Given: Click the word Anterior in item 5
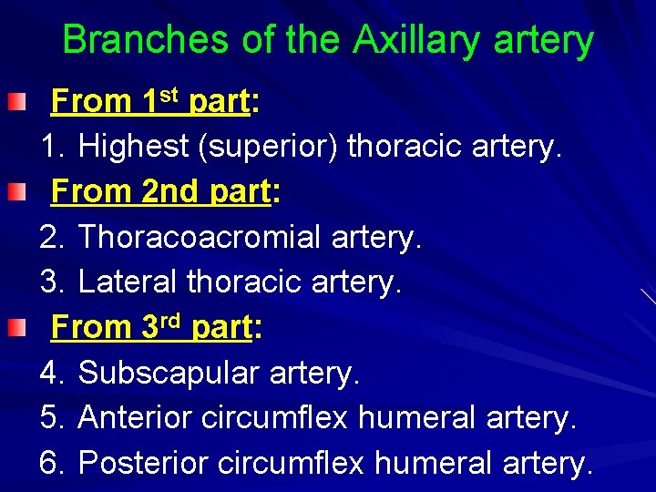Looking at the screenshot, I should click(x=136, y=417).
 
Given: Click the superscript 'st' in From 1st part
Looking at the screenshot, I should click(x=171, y=93).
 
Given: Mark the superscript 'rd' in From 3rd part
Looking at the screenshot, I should click(x=172, y=319).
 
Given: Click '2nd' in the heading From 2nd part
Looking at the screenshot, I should click(x=171, y=191).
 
